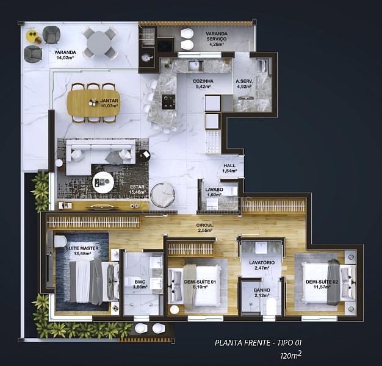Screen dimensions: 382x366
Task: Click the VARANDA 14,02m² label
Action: coord(65,55)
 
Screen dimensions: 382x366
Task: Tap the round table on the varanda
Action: coord(99,43)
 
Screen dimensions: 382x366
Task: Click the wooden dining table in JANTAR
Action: coord(93,102)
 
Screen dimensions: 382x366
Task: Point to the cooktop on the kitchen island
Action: coord(168,102)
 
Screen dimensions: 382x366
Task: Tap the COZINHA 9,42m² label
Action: coord(203,84)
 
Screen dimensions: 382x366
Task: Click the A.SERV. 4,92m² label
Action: coord(244,84)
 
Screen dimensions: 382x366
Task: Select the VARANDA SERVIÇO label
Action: coord(217,36)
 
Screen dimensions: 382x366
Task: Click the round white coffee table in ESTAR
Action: coord(103,182)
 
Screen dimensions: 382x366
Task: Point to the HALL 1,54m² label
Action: coord(229,168)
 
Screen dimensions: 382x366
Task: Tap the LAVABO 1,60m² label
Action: coord(214,192)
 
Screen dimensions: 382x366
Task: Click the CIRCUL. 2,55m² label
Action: coord(205,228)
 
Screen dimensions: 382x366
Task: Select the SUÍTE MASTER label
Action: coord(82,248)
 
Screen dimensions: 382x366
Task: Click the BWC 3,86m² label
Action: coord(140,284)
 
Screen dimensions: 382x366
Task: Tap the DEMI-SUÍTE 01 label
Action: coord(200,282)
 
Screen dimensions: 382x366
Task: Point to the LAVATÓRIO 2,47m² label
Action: coord(262,265)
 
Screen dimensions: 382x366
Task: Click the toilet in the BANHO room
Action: coord(271,307)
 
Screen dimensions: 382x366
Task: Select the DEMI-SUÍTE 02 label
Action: coord(322,282)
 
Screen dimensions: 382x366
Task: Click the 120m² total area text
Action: coord(291,355)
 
